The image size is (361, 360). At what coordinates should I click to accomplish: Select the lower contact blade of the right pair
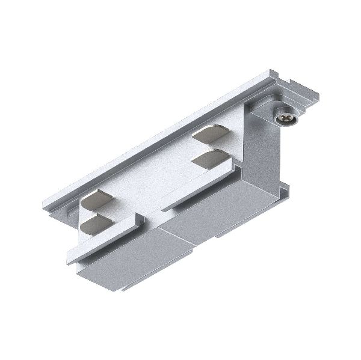pos(211,160)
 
